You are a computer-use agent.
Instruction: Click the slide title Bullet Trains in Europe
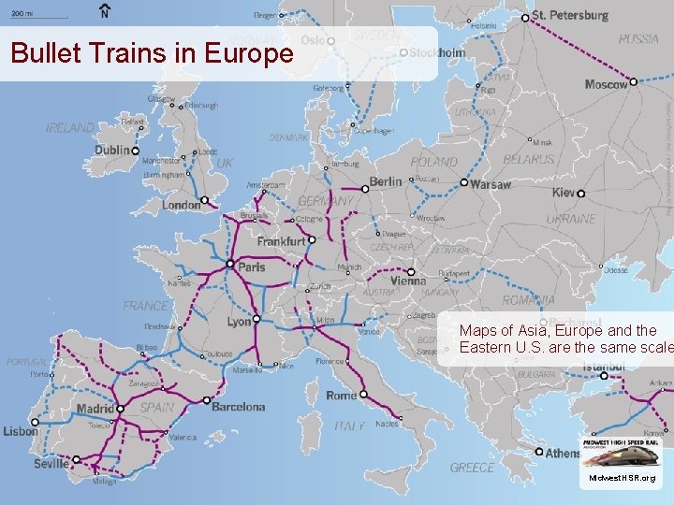(152, 53)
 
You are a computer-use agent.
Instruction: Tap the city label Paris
(252, 267)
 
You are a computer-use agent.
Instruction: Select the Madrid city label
(94, 409)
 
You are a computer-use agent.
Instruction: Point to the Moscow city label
(606, 84)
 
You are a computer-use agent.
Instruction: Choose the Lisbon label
(21, 431)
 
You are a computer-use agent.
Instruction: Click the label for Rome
(341, 395)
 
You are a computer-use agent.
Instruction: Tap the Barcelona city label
(238, 407)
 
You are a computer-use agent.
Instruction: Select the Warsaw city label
(491, 184)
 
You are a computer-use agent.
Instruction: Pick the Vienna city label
(407, 281)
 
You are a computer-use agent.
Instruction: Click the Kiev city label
(564, 193)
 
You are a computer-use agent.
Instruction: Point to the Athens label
(563, 453)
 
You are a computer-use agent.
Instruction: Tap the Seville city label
(51, 463)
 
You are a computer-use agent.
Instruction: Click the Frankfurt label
(281, 240)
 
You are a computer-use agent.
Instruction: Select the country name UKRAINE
(570, 218)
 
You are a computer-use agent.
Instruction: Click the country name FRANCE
(146, 306)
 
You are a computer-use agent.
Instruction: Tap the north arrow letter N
(104, 14)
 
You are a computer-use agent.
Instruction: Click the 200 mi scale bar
(38, 17)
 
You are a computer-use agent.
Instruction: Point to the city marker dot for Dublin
(136, 150)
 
